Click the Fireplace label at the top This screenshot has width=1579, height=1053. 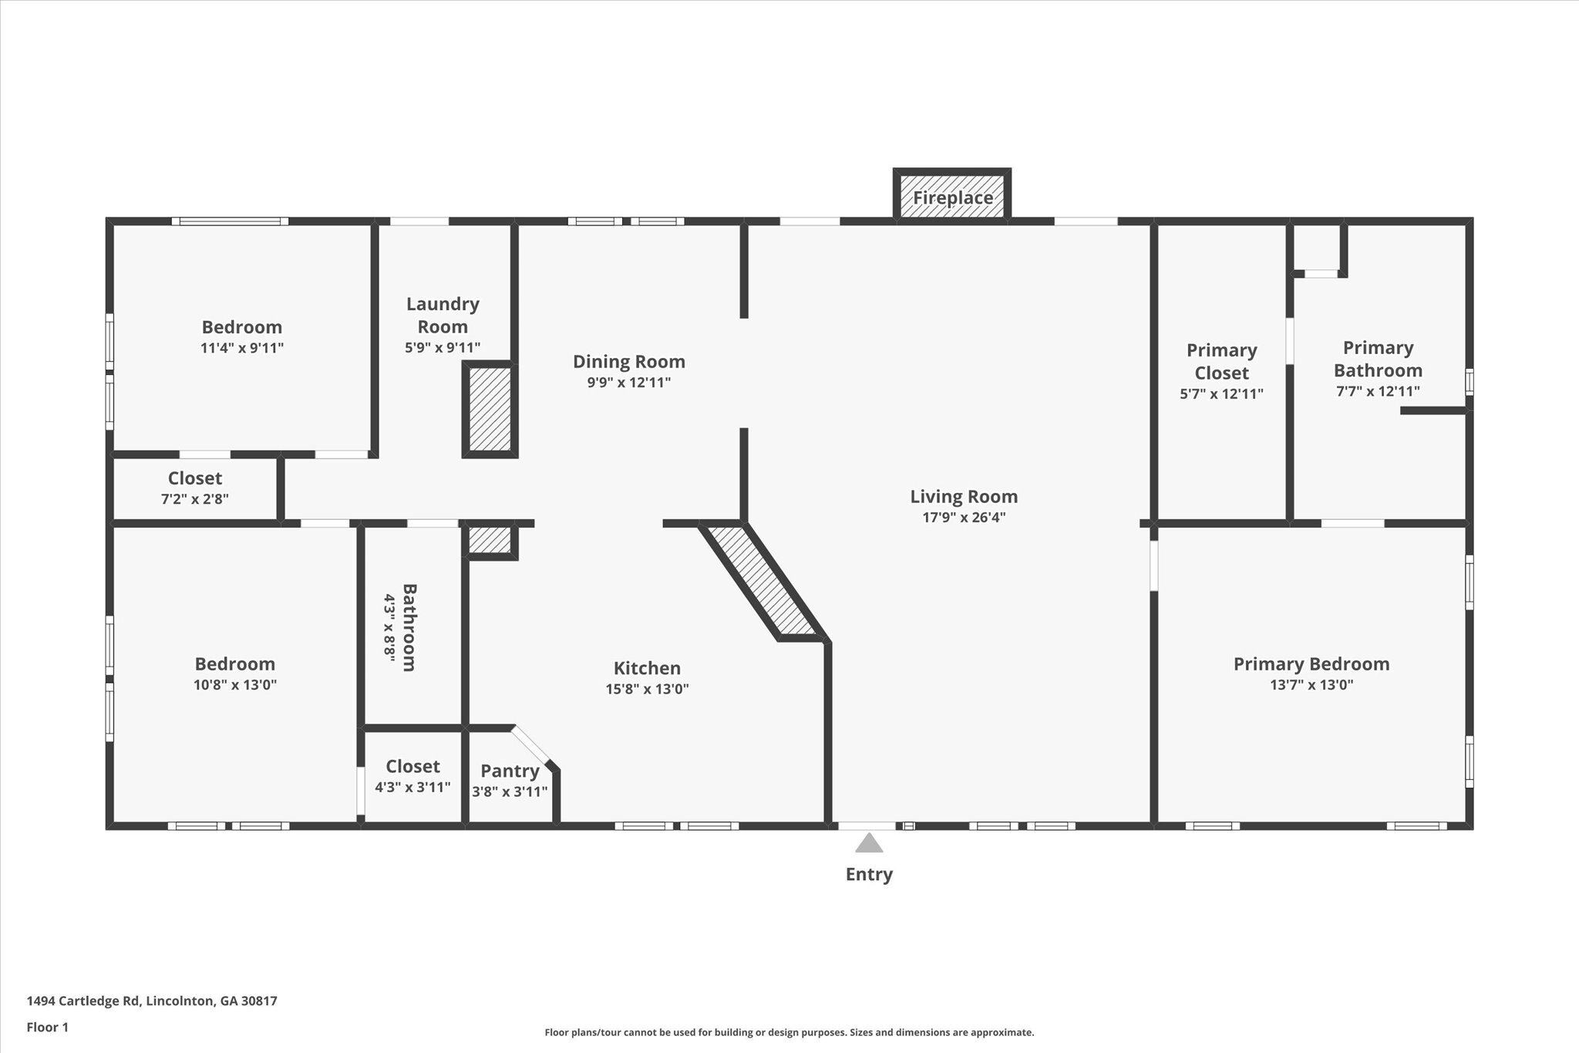(953, 197)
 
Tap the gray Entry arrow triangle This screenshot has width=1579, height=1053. (869, 842)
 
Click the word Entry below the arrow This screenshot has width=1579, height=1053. (869, 874)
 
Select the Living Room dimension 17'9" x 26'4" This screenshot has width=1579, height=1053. (964, 517)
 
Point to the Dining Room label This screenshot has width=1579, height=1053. (628, 361)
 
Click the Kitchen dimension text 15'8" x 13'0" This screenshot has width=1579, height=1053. (647, 689)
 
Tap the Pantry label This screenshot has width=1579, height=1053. (510, 771)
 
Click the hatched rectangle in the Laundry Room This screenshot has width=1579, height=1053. (490, 409)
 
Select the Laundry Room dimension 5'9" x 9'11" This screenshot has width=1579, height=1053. (443, 348)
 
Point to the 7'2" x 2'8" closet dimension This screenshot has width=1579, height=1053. (194, 499)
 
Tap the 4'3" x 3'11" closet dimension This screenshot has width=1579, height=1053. (412, 788)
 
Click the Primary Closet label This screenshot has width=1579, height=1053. (1221, 361)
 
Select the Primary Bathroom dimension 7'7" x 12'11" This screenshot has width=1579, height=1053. (1378, 391)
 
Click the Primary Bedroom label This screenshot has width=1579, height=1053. (1311, 663)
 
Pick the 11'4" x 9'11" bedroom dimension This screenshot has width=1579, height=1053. (242, 348)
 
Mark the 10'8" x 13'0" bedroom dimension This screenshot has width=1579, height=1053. (235, 684)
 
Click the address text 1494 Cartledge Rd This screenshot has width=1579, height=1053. (83, 1001)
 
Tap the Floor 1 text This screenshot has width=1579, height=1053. (48, 1027)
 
